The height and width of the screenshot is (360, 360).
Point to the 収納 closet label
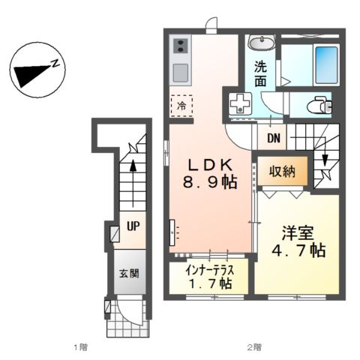[x=277, y=172]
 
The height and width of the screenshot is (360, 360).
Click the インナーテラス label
[x=208, y=271]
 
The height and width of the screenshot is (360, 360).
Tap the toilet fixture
[x=319, y=106]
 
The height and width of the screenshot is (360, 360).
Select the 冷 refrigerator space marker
[x=181, y=106]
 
